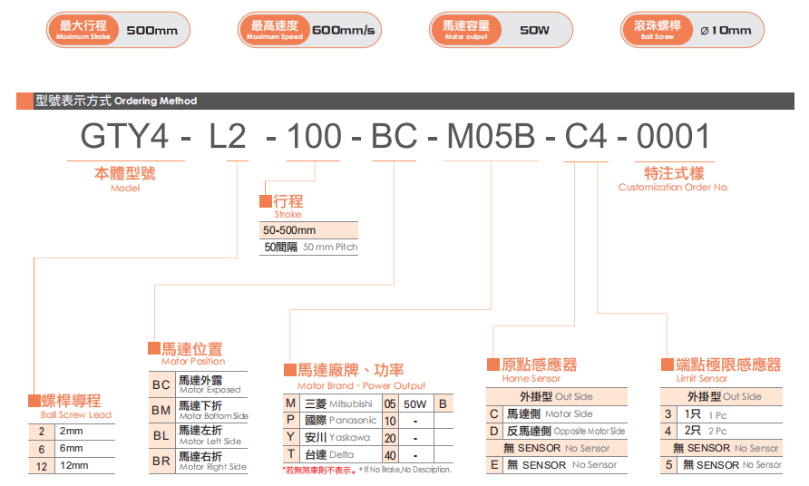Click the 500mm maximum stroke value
[x=152, y=31]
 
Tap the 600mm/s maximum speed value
[x=343, y=30]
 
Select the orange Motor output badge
[x=466, y=30]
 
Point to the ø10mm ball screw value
[x=726, y=31]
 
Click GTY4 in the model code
[x=124, y=136]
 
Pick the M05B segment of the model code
[x=491, y=136]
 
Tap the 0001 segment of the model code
[x=673, y=136]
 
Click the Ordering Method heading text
[x=155, y=102]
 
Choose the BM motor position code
[x=161, y=410]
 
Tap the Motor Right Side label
[x=213, y=467]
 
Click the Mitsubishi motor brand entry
[x=338, y=403]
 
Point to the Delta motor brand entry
[x=329, y=454]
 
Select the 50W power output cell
[x=415, y=404]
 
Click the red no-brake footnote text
[x=319, y=471]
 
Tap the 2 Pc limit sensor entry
[x=706, y=431]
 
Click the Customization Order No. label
[x=673, y=188]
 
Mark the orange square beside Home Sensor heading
[x=493, y=364]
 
